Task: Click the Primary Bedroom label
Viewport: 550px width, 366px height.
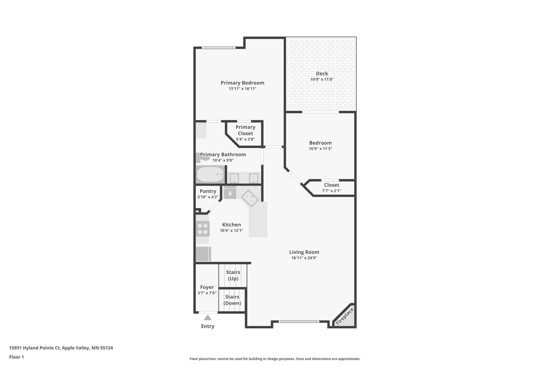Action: click(242, 83)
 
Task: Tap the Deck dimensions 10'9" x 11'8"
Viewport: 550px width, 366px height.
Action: click(322, 79)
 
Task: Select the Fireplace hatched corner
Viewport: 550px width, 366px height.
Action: click(345, 317)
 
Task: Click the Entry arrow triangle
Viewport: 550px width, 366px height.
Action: click(208, 318)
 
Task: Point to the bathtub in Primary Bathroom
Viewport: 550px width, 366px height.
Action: click(210, 175)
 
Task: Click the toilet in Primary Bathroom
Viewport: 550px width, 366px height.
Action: click(202, 158)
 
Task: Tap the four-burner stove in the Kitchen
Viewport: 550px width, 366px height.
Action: click(203, 229)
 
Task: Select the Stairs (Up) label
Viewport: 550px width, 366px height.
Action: click(233, 275)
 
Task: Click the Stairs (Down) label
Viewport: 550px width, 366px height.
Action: click(232, 300)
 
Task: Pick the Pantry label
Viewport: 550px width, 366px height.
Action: click(208, 191)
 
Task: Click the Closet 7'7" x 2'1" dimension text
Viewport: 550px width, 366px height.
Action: click(331, 191)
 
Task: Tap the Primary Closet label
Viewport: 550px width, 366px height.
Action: click(245, 130)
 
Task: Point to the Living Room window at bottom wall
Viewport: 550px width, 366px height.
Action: click(299, 322)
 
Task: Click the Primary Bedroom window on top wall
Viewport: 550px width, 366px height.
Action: click(218, 48)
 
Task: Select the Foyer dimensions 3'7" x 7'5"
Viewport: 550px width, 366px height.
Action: click(207, 293)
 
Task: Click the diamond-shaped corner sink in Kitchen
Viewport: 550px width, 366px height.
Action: click(250, 198)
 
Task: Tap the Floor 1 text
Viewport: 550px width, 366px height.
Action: click(16, 357)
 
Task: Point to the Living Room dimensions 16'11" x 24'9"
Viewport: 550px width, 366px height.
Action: click(304, 258)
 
